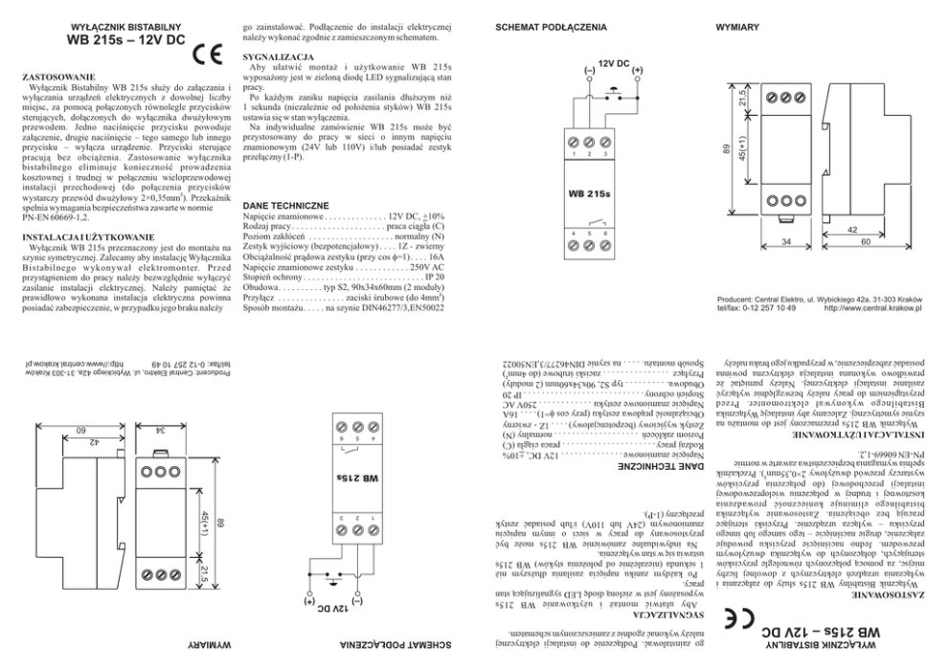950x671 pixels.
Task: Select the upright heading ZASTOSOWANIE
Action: (x=57, y=75)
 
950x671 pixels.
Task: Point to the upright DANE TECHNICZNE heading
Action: (x=286, y=206)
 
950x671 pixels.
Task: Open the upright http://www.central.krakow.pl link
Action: (x=872, y=308)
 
